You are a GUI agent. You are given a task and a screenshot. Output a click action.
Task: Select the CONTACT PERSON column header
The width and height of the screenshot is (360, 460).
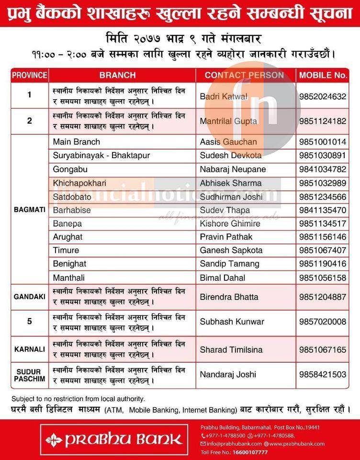pos(244,75)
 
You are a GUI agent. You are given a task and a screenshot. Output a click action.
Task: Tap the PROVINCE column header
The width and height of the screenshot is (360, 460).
pos(30,75)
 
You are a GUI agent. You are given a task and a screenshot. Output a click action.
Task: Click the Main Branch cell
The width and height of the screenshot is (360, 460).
pos(77,142)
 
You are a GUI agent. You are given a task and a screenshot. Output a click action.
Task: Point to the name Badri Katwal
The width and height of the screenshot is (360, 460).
pos(224,96)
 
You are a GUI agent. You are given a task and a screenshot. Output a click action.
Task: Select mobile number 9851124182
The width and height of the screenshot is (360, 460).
pos(322,121)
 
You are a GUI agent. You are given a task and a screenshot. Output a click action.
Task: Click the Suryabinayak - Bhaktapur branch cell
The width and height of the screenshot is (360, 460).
pos(101,155)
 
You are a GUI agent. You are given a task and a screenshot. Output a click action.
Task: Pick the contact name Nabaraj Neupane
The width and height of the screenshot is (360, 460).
pos(233,169)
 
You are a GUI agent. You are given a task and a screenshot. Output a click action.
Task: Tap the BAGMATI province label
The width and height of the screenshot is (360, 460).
pos(30,210)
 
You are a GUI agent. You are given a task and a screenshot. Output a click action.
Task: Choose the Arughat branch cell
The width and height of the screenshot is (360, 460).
pos(67,237)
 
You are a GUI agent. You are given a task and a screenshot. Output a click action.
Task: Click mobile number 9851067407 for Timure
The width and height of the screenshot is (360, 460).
pos(322,250)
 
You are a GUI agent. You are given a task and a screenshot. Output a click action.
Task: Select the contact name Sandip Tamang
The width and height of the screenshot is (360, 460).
pos(229,264)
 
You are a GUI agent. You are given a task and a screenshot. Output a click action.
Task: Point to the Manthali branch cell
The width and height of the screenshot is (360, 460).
pos(68,277)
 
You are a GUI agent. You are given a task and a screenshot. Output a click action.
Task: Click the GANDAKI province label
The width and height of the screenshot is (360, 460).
pos(30,297)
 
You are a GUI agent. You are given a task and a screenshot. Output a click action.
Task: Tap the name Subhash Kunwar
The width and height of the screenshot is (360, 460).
pos(232,322)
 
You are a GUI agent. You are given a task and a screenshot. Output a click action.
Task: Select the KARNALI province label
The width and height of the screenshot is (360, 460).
pos(30,349)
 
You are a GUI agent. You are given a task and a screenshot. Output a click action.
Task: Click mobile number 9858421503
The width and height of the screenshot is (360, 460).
pos(322,375)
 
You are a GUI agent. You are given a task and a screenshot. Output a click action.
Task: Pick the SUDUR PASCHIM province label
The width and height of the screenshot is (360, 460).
pos(30,375)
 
